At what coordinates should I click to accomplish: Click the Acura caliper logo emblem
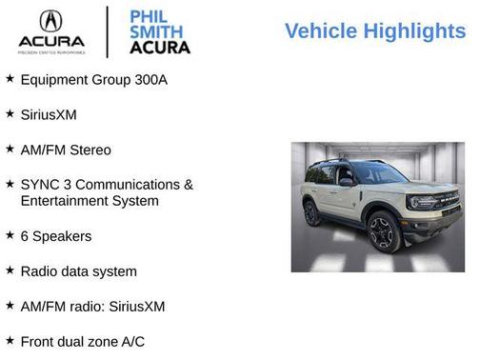click(x=50, y=22)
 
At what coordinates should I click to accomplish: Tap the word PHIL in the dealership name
click(x=149, y=16)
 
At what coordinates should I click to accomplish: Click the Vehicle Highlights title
click(x=375, y=31)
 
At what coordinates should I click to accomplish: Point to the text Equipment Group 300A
click(x=93, y=79)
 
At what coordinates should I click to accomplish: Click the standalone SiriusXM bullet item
click(x=49, y=114)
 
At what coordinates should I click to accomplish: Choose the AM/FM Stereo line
click(x=66, y=150)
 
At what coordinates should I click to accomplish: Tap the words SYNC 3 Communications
click(x=107, y=184)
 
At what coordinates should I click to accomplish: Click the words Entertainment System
click(x=90, y=201)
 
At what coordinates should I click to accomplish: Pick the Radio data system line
click(x=78, y=270)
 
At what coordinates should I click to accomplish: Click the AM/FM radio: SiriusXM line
click(x=92, y=306)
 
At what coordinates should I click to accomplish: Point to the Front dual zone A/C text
click(x=83, y=340)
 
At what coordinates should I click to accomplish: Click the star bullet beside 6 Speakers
click(x=10, y=234)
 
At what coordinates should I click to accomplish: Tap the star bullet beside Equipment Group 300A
click(x=10, y=78)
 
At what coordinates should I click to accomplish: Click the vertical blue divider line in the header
click(x=107, y=31)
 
